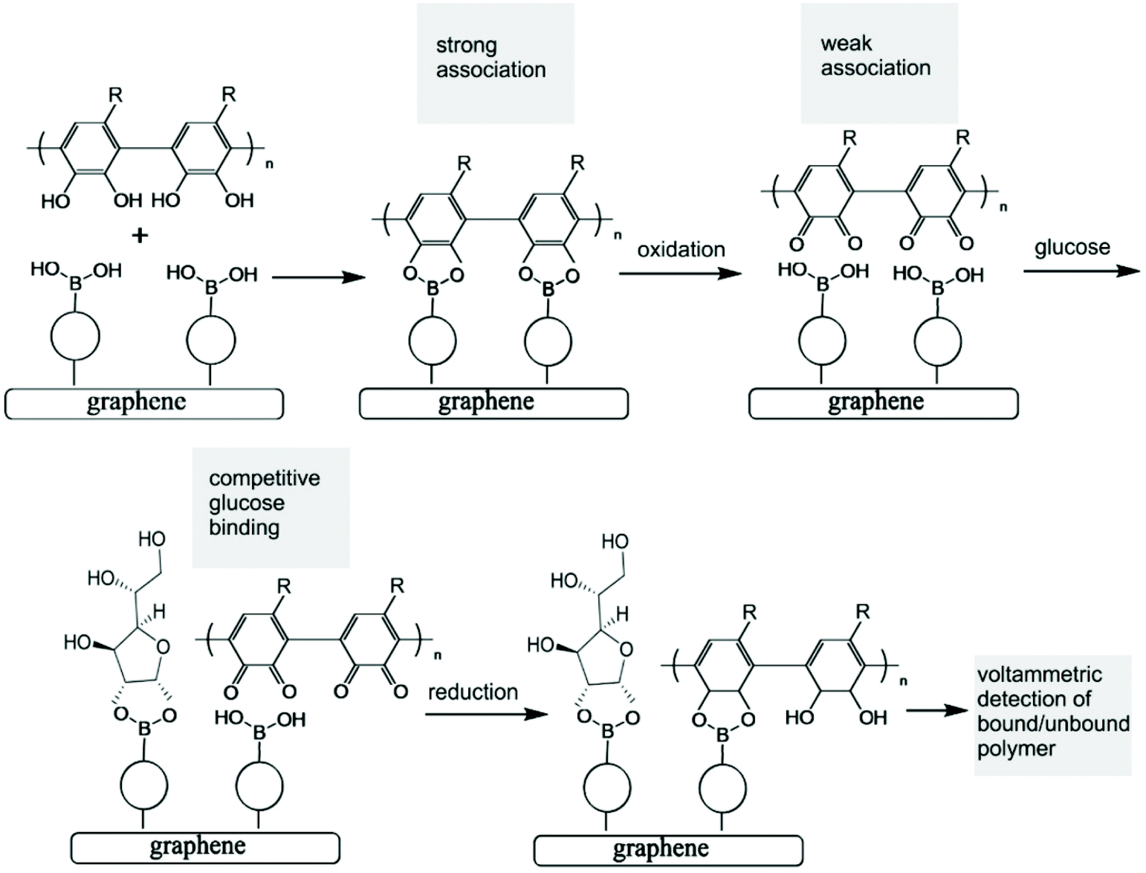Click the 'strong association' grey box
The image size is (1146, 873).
point(495,63)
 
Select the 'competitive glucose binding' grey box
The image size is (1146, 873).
point(271,507)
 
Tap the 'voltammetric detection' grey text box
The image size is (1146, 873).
point(1052,715)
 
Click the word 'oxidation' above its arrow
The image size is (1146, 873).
point(681,249)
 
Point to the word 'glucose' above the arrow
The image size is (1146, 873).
point(1072,247)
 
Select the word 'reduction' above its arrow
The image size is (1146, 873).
point(473,692)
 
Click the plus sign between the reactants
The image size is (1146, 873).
point(140,236)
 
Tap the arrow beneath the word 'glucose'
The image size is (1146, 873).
point(1081,271)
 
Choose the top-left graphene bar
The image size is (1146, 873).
point(143,404)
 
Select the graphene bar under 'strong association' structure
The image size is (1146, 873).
point(493,404)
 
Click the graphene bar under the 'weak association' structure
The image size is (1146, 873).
point(883,404)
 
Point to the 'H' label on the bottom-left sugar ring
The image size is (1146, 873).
point(159,612)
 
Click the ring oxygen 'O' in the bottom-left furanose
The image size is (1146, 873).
point(164,647)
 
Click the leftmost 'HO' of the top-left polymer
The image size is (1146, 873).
point(56,201)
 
